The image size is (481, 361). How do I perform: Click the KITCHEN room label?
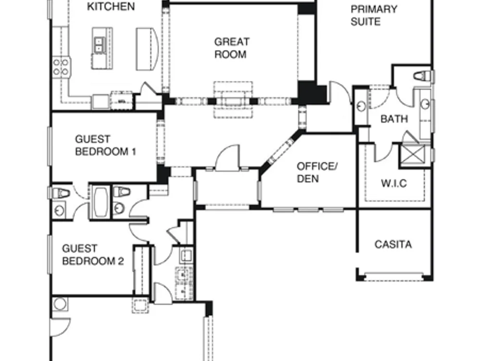click(111, 6)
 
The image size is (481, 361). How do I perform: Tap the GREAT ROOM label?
click(232, 48)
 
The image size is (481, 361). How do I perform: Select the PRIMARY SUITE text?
click(374, 15)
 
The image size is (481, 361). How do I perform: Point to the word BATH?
click(394, 119)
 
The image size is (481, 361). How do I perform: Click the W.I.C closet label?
click(394, 183)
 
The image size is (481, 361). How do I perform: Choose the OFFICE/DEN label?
click(317, 172)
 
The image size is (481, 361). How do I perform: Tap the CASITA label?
click(393, 245)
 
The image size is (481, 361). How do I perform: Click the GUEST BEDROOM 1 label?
click(105, 145)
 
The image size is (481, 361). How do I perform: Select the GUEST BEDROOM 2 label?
click(93, 255)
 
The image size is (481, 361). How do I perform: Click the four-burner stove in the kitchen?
click(61, 67)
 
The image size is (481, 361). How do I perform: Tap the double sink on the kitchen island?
click(99, 45)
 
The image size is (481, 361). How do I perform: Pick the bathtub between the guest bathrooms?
click(101, 202)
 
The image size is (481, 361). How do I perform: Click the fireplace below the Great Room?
click(233, 100)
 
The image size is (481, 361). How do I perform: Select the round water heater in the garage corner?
click(60, 304)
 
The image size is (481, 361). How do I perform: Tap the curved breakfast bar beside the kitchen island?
click(147, 49)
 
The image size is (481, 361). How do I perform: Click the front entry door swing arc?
click(228, 157)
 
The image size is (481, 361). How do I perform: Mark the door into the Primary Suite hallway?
click(340, 92)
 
